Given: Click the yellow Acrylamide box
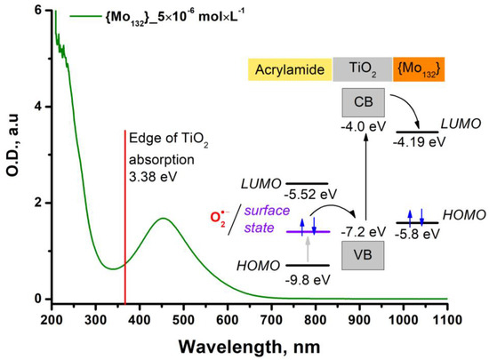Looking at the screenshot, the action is tap(290, 69).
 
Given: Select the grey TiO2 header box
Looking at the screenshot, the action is tap(363, 69).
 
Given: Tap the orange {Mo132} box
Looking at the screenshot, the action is tap(419, 69).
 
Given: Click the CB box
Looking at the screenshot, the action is tap(364, 102).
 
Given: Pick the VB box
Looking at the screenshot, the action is tap(363, 255).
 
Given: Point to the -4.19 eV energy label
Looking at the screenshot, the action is tap(419, 142).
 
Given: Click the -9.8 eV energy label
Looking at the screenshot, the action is tap(308, 280).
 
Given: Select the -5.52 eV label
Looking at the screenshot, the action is tap(310, 195).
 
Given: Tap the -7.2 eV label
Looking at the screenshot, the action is tap(364, 232).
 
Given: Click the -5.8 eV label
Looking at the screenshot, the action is tap(417, 234).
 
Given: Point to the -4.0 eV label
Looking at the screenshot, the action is tap(364, 127).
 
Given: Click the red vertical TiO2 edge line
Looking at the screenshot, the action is tap(125, 217).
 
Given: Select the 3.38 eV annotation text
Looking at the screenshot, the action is tap(153, 177).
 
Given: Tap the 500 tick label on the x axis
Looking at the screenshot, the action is tap(184, 319).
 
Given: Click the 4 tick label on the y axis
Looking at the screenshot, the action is tap(38, 107).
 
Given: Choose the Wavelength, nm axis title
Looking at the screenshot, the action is tap(250, 347).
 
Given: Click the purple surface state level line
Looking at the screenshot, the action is tap(309, 232).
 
